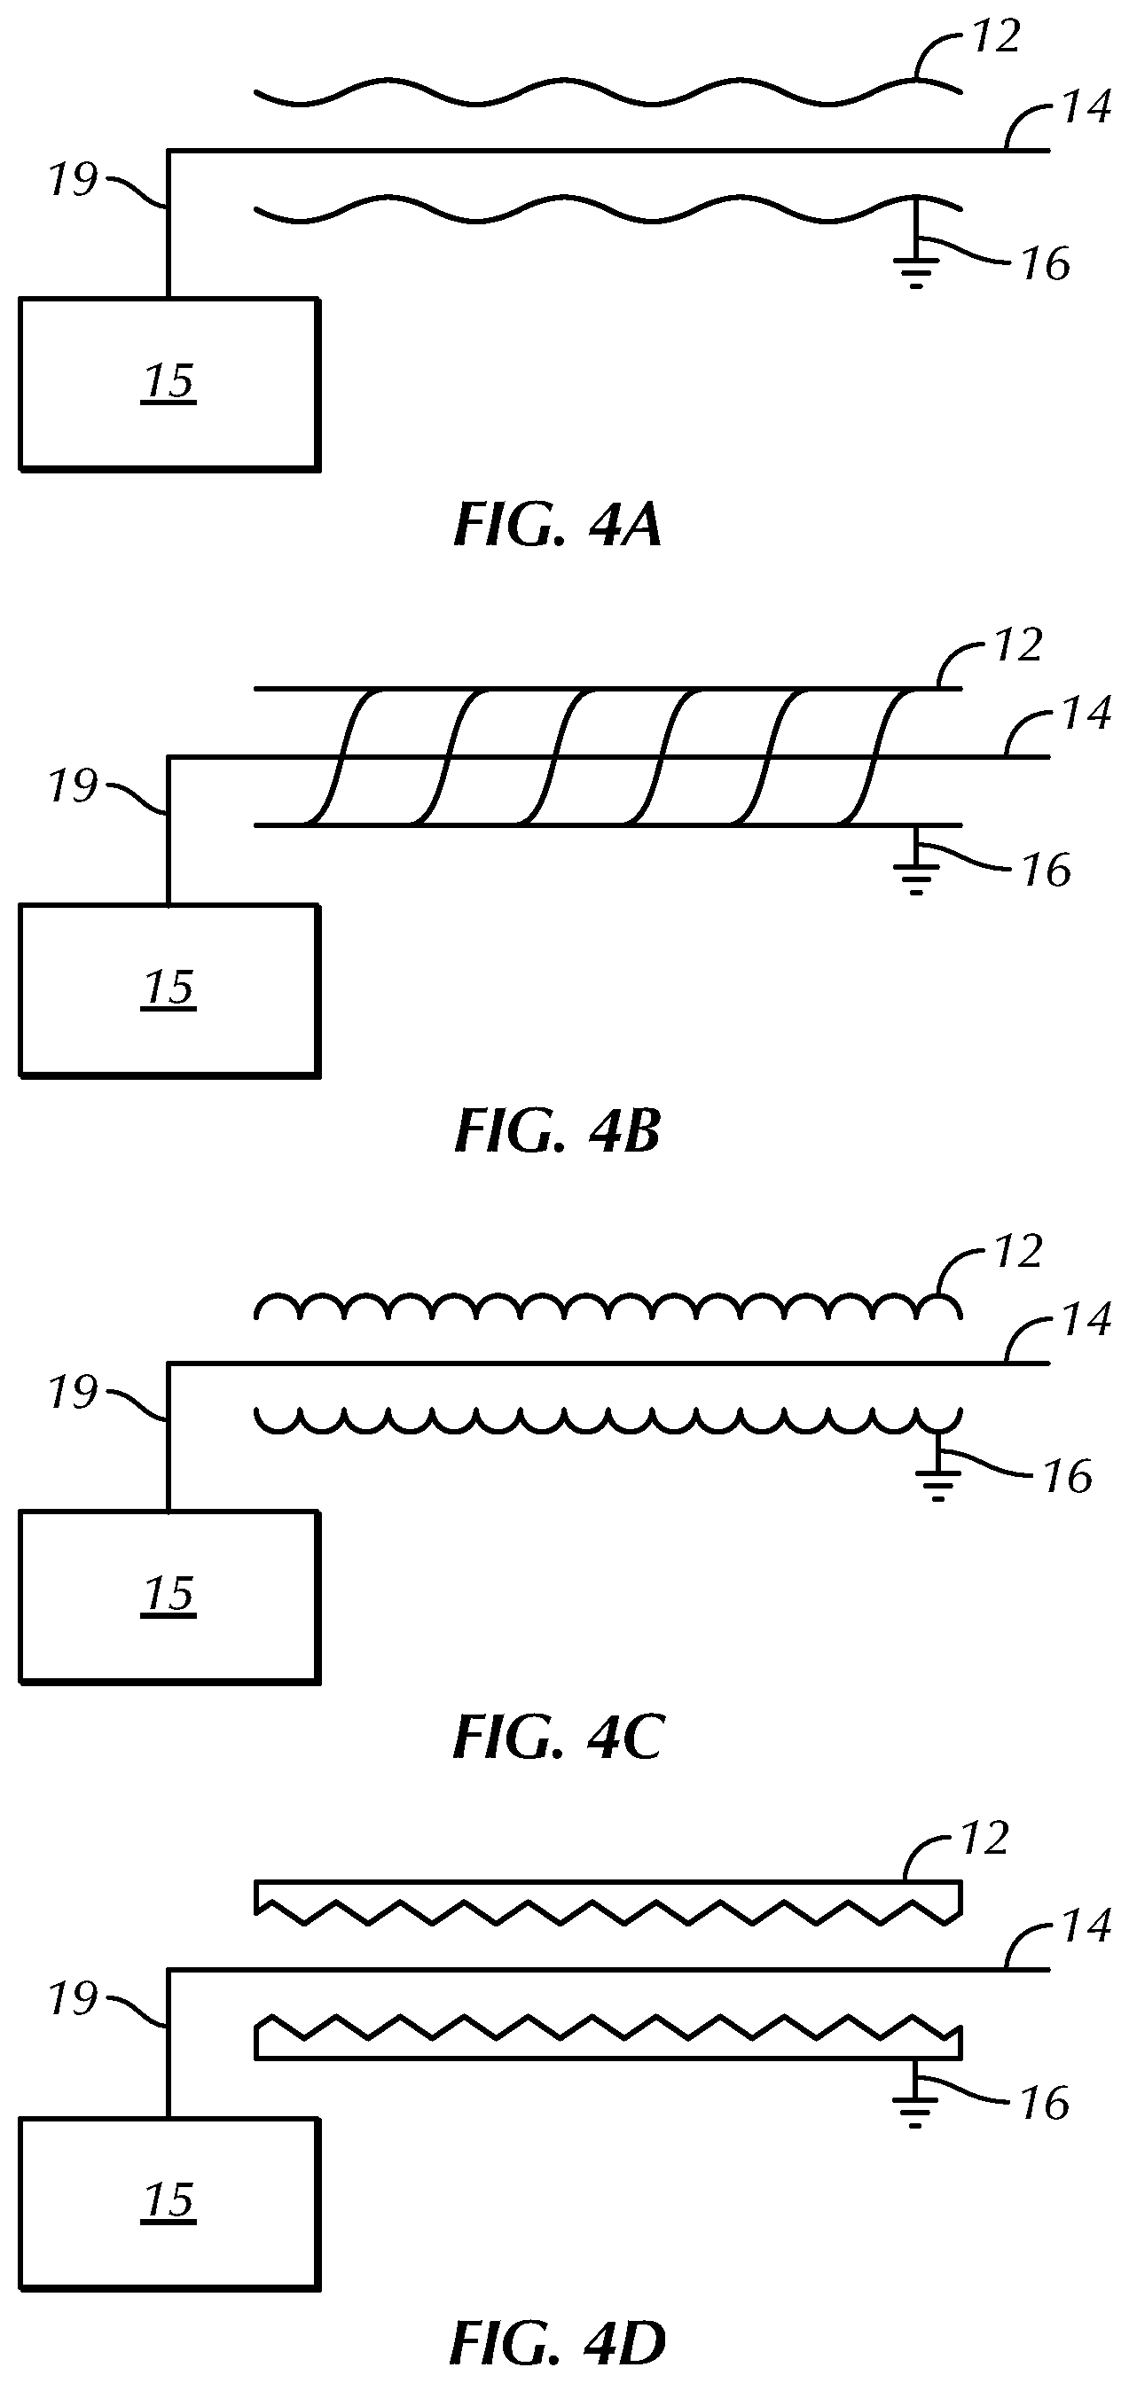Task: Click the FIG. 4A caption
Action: [x=557, y=526]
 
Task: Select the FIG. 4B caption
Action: [x=557, y=1130]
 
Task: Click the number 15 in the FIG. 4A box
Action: [x=169, y=382]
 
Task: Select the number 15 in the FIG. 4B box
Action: [x=169, y=988]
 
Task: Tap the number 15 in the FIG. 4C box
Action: [x=169, y=1594]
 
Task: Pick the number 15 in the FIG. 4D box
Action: [x=169, y=2199]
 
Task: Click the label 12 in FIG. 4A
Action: [x=996, y=37]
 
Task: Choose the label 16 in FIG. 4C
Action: [x=1068, y=1476]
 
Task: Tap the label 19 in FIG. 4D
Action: [x=72, y=1999]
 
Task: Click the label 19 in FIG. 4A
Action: [x=72, y=179]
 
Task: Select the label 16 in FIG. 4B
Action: [x=1046, y=871]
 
